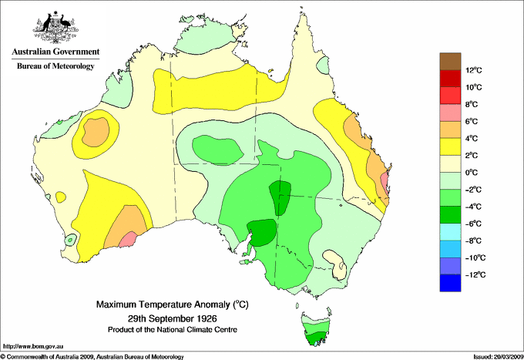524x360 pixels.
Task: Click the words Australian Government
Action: [x=55, y=52]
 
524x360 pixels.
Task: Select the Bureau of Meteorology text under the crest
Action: [x=55, y=66]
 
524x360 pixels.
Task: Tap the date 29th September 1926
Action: [x=172, y=318]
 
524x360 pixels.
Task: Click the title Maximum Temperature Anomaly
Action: [x=172, y=305]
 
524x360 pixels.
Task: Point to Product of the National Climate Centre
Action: [x=172, y=329]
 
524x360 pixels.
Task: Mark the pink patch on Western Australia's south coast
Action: [x=127, y=240]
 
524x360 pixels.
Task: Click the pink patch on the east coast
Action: [x=384, y=183]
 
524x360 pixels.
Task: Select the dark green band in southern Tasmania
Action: [x=315, y=338]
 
